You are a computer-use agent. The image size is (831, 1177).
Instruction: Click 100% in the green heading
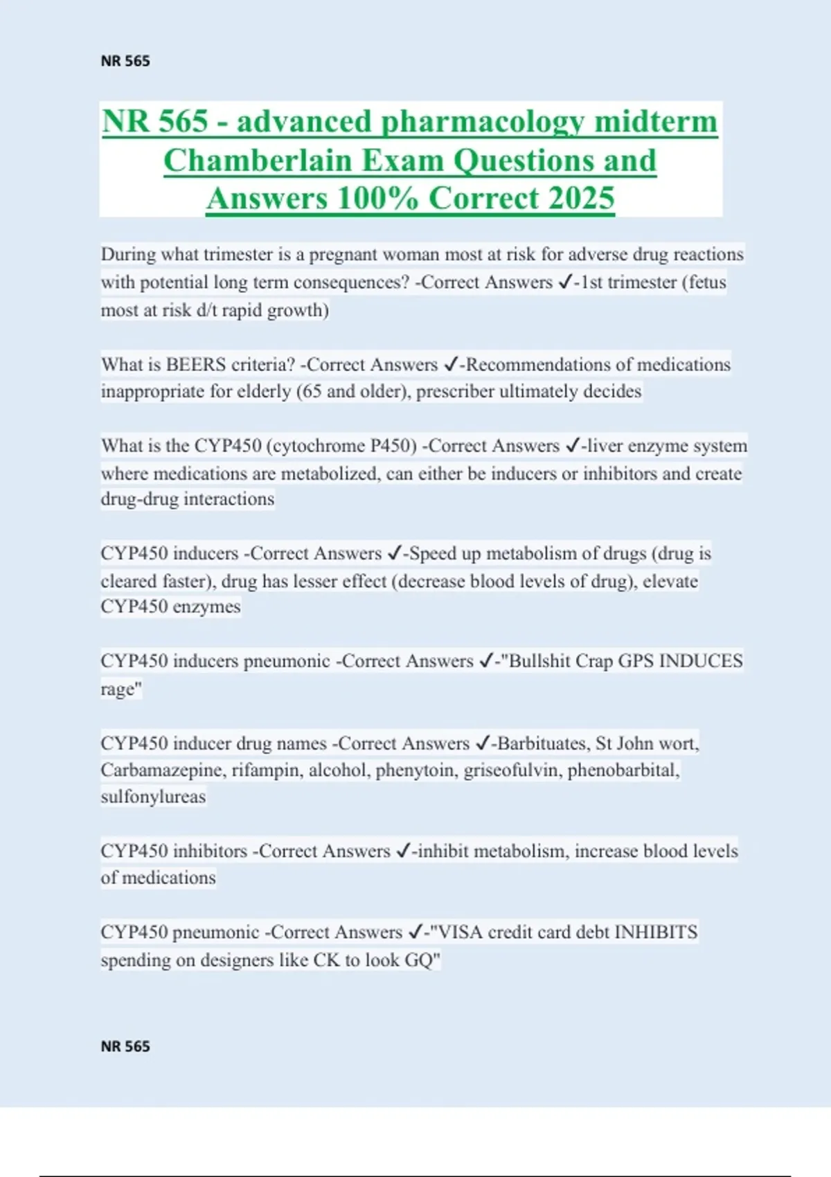(x=378, y=199)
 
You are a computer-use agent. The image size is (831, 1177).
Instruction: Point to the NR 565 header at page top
(x=125, y=61)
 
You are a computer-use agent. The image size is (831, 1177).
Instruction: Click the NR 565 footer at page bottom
(x=125, y=1046)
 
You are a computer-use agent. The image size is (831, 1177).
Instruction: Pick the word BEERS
(x=196, y=365)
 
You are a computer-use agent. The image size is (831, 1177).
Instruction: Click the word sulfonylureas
(x=153, y=797)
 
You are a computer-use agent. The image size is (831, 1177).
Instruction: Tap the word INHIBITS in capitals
(x=656, y=933)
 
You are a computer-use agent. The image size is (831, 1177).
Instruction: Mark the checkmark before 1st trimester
(x=564, y=282)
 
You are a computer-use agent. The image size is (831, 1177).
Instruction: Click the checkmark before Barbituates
(x=483, y=744)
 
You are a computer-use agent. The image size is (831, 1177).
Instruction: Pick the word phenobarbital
(x=623, y=771)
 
